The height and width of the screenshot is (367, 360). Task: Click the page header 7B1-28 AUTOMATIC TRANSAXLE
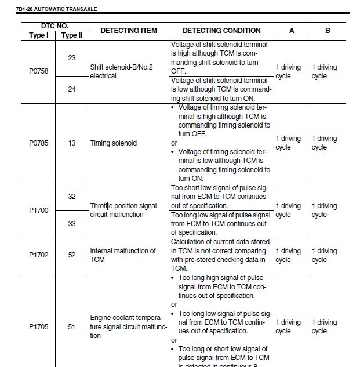click(56, 9)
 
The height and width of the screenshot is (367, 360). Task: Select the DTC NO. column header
click(54, 26)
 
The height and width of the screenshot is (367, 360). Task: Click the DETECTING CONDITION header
click(221, 31)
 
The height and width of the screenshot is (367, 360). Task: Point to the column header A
click(292, 31)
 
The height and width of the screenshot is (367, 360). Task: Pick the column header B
click(328, 31)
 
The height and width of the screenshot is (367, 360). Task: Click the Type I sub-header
click(39, 35)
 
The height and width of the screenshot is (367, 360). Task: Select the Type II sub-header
click(72, 35)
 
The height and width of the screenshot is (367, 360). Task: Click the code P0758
click(39, 71)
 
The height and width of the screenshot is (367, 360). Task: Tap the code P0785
click(39, 143)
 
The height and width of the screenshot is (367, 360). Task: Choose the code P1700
click(39, 210)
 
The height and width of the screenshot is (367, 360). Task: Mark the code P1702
click(39, 255)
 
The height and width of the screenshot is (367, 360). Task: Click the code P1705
click(39, 326)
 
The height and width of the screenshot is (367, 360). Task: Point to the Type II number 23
click(72, 58)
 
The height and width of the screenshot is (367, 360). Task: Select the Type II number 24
click(72, 89)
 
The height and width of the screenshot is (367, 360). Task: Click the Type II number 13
click(72, 143)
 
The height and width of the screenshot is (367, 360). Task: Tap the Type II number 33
click(72, 224)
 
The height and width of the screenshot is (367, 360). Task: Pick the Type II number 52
click(72, 255)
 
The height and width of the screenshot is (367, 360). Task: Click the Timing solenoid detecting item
click(113, 143)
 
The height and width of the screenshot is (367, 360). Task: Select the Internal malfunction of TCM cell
click(122, 255)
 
